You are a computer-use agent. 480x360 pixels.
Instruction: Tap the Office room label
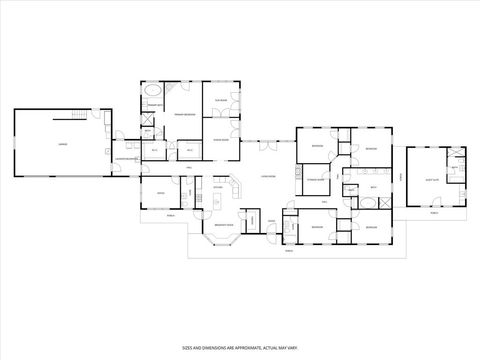[160, 193]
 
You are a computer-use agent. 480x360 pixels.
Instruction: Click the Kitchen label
[218, 187]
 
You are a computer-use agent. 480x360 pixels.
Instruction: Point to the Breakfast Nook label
[224, 225]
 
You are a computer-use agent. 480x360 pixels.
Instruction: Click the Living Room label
[268, 176]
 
